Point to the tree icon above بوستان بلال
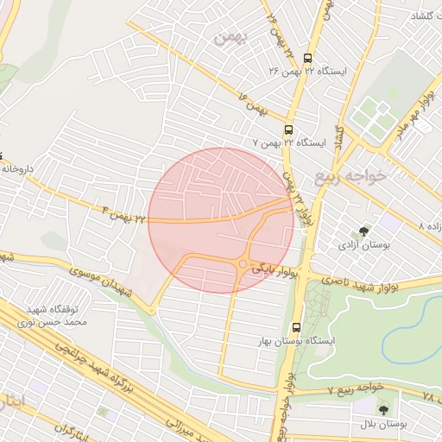[383, 408]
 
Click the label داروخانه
[17, 170]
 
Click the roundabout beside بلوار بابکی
[243, 264]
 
